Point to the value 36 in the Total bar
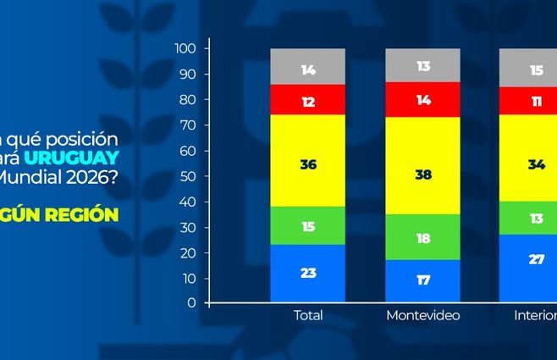coord(308,164)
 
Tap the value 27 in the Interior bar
coord(537,259)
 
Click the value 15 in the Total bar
coord(308,226)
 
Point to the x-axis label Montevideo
coord(422,316)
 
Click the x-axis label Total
coord(308,316)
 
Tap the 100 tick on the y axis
coord(187,49)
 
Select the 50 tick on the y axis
coord(190,176)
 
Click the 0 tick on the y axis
coord(193,302)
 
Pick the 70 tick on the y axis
coord(190,125)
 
